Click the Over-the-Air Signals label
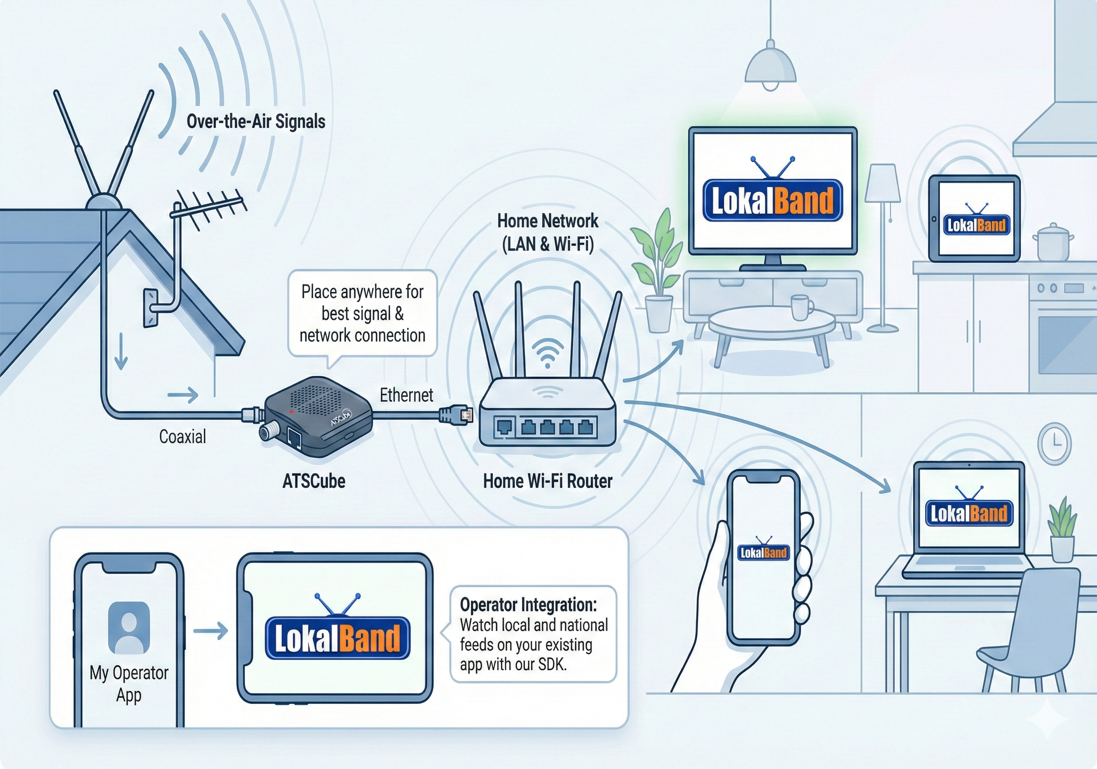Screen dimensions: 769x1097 click(x=256, y=122)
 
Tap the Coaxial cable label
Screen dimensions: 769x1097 click(x=182, y=437)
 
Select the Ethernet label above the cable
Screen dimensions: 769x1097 click(x=406, y=396)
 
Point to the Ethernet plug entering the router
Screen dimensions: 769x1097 click(x=456, y=414)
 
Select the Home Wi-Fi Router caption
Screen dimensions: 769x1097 click(x=548, y=481)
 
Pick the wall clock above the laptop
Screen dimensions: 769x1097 click(x=1054, y=443)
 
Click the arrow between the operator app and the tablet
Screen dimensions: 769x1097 click(x=211, y=631)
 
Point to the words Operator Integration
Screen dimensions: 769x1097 click(x=528, y=605)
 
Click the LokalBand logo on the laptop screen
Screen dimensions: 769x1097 click(x=969, y=513)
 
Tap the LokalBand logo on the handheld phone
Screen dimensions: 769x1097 click(x=763, y=553)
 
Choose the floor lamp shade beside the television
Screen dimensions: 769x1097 click(x=883, y=183)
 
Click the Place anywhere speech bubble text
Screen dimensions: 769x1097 click(x=362, y=313)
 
